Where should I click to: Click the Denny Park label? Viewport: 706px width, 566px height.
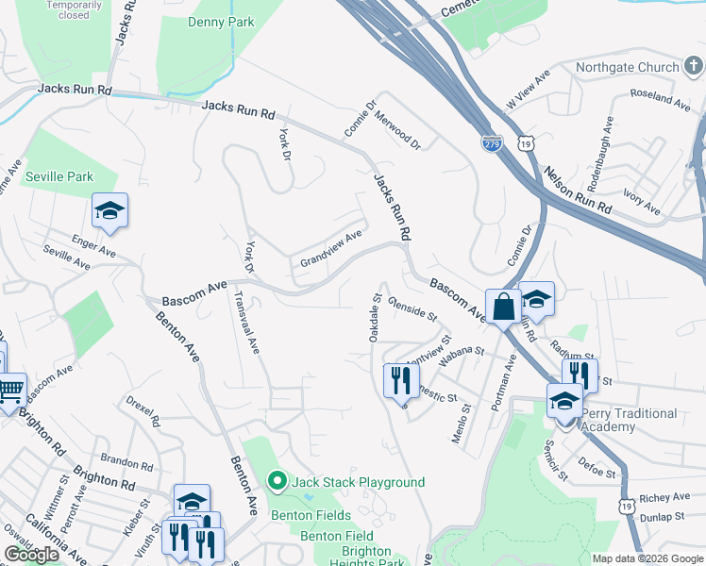(221, 22)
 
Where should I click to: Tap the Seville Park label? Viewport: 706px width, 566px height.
(59, 176)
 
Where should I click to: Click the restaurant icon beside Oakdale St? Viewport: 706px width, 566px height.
(401, 379)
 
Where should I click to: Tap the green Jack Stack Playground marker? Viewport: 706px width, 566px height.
(277, 482)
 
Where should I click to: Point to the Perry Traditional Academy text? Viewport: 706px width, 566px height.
(629, 420)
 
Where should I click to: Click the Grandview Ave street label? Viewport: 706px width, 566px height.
(331, 247)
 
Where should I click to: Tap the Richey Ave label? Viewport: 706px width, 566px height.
(664, 497)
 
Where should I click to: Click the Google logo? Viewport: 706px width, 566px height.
(32, 555)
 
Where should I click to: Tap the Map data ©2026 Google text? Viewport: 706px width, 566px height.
(647, 558)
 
